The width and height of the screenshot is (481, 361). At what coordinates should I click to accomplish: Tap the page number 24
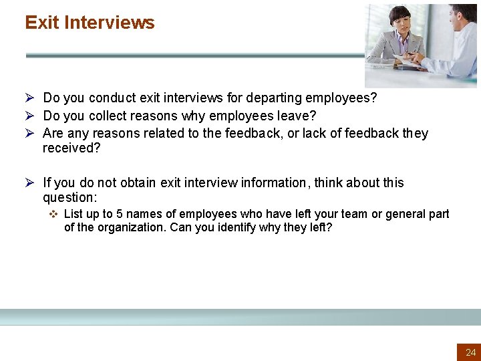(471, 352)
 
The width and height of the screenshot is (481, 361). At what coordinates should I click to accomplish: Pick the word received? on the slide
(71, 148)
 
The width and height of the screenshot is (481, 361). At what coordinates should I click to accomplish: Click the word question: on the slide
(69, 197)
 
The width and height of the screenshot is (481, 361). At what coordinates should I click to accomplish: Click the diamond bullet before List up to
(54, 214)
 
